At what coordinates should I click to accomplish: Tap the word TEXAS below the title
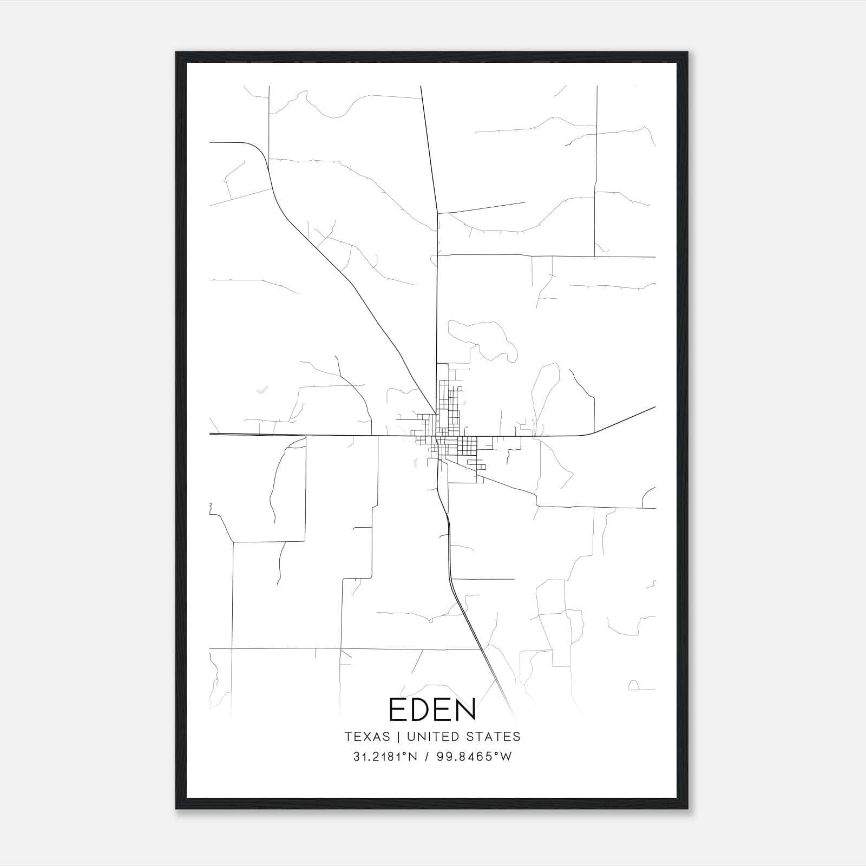(x=367, y=737)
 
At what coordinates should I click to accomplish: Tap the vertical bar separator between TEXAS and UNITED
(x=398, y=737)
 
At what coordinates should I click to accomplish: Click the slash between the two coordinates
(x=427, y=757)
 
